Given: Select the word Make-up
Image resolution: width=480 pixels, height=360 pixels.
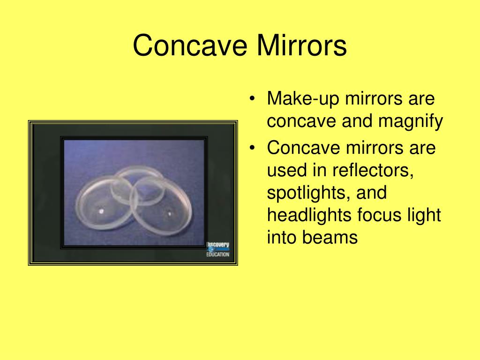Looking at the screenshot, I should (298, 99).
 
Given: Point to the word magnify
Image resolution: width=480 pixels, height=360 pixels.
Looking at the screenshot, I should (412, 122).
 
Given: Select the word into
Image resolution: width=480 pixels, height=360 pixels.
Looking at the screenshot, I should (281, 238).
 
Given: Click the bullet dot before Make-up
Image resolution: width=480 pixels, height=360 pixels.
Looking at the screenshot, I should (253, 99).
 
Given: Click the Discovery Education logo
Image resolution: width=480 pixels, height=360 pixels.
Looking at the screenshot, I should (218, 249).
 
